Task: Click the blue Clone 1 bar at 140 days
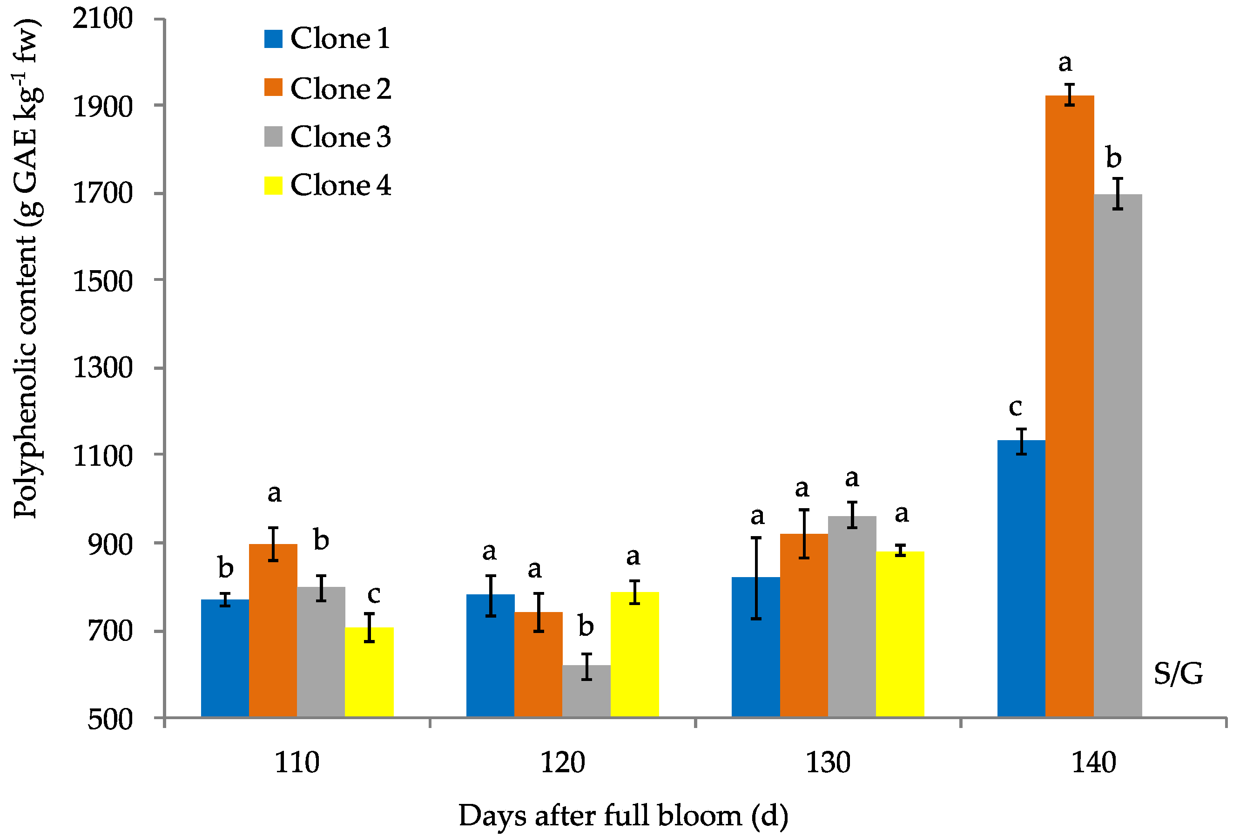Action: point(1021,578)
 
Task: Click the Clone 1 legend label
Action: point(340,38)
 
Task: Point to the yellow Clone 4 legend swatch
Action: point(273,185)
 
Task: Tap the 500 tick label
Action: point(110,719)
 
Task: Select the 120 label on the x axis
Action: point(562,762)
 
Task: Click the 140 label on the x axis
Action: point(1093,762)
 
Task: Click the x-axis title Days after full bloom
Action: point(623,816)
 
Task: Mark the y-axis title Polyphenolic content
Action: point(25,268)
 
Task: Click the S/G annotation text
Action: point(1177,674)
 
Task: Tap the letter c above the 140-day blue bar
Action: point(1015,407)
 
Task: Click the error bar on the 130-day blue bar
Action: point(756,578)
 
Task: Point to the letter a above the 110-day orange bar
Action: point(274,493)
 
